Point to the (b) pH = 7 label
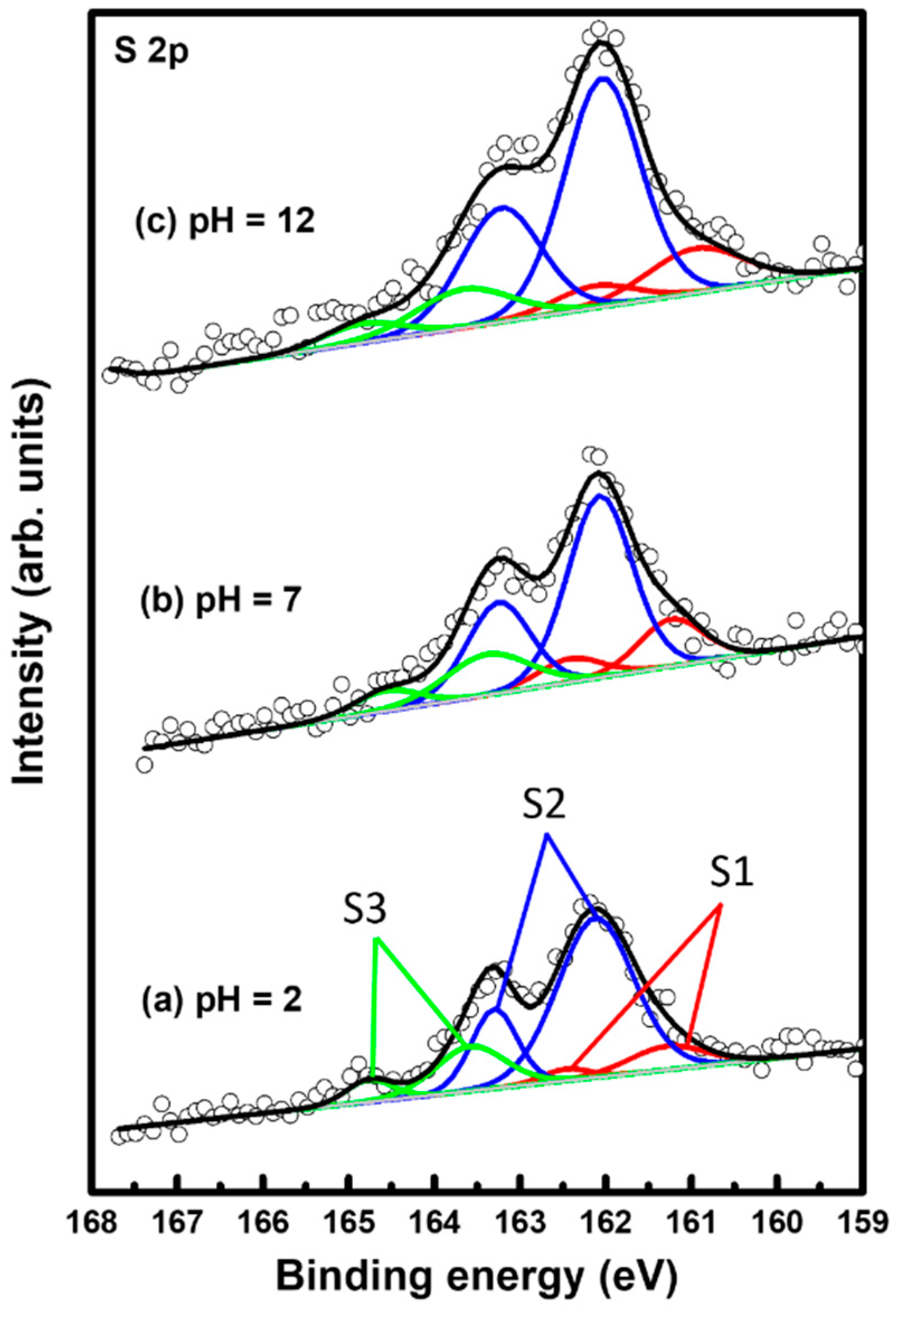click(218, 603)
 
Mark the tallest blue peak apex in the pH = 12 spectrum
click(604, 78)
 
